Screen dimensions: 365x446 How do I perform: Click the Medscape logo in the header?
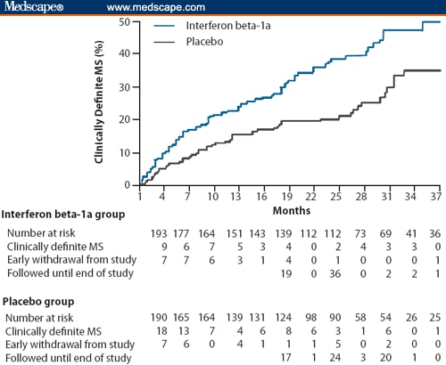click(31, 7)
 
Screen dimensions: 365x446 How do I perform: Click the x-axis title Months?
click(286, 211)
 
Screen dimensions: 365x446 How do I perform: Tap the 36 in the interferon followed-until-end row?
click(336, 273)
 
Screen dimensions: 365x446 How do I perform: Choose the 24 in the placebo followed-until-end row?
click(336, 358)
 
